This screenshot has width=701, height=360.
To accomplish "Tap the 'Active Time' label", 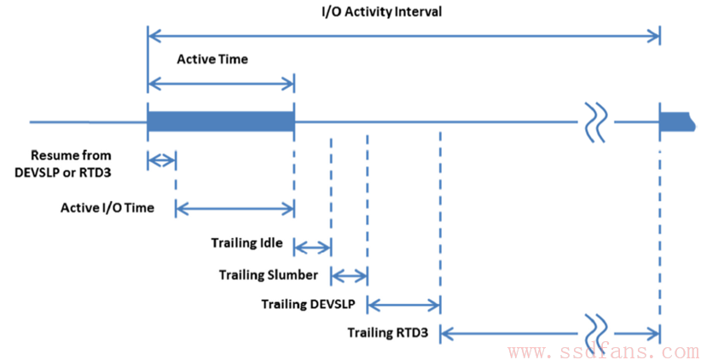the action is pos(211,60).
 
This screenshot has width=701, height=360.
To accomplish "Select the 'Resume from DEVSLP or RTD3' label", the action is pos(71,164).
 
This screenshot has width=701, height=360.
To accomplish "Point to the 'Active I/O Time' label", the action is pos(107,208).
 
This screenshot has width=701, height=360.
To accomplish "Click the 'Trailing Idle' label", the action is pos(246,243).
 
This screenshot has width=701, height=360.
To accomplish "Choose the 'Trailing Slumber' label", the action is pos(269,275).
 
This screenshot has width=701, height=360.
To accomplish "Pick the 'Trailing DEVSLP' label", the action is pos(308,305).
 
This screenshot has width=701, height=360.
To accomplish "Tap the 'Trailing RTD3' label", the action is pos(388,333).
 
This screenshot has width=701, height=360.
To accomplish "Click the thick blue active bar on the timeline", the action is pos(220,122).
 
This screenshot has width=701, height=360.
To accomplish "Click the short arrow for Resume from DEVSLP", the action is pos(162,160).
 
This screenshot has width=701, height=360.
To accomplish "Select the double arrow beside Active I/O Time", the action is pos(235,207).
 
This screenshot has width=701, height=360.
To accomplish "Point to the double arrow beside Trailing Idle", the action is pos(312,246).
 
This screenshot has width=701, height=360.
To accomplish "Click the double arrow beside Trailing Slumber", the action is pos(349,276).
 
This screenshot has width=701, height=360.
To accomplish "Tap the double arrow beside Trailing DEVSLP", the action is pos(403,305).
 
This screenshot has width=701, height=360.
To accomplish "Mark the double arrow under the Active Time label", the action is pos(221,84).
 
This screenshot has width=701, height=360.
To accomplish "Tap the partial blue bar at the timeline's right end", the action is pos(677,122).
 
